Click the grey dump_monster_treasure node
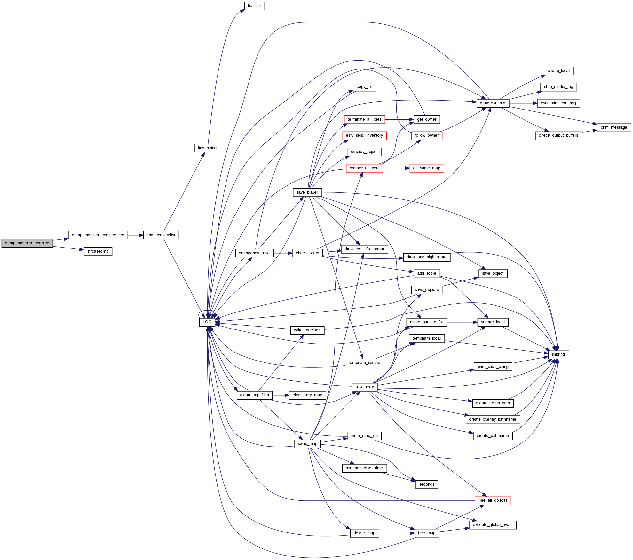coord(27,243)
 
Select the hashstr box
coord(254,6)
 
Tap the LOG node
coord(207,322)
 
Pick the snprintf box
coord(558,354)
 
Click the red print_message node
coord(614,127)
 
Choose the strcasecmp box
coord(98,251)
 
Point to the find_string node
coord(207,148)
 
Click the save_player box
coord(307,192)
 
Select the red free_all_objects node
coord(493,500)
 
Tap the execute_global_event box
coord(493,525)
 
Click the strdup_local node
coord(558,71)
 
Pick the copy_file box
coord(364,87)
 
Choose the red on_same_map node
coord(426,168)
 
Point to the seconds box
coord(427,484)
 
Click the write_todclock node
coord(307,330)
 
